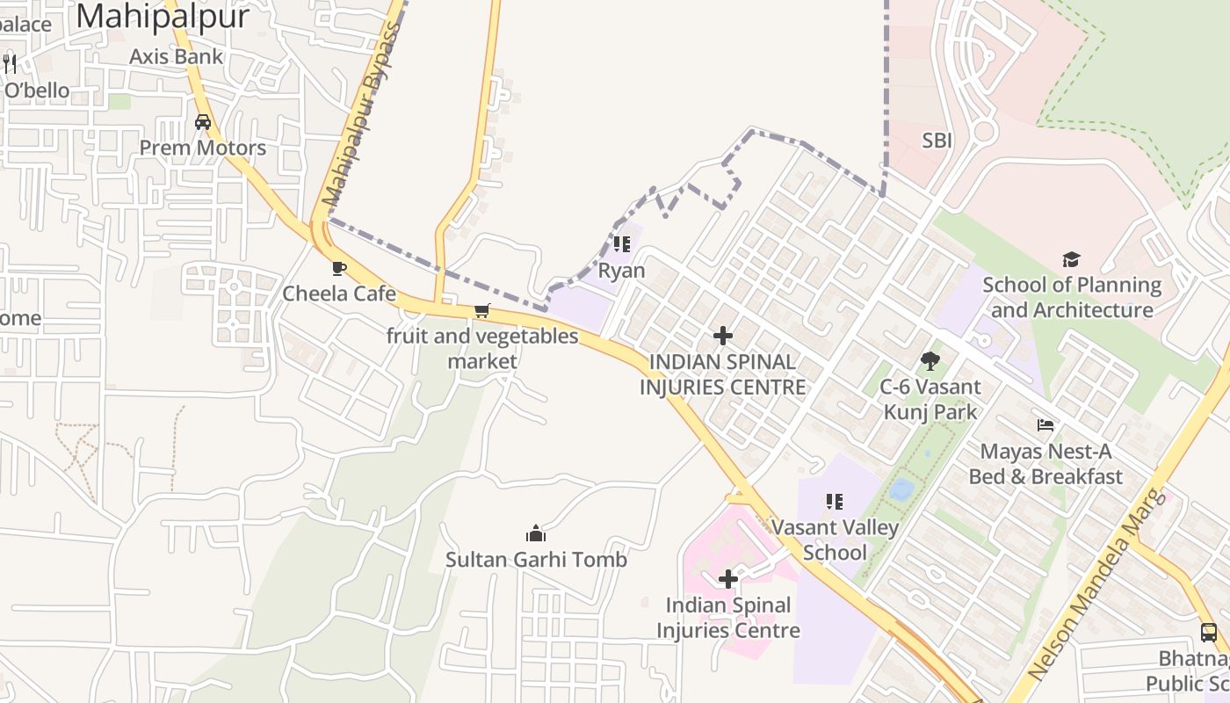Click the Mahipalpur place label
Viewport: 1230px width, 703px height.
(163, 16)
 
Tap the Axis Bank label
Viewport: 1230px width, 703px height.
(176, 56)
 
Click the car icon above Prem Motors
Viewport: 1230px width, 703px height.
(203, 122)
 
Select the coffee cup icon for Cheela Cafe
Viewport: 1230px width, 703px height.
(339, 268)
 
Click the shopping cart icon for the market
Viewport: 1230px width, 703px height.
(481, 311)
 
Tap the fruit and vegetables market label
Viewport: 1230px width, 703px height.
(482, 348)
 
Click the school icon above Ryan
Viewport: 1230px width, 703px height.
(622, 244)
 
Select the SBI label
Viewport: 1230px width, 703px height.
(937, 141)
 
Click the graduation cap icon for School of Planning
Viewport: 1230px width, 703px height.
(1071, 259)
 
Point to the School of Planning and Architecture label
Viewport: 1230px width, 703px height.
(1072, 297)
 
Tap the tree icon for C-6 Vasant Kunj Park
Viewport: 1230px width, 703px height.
(930, 360)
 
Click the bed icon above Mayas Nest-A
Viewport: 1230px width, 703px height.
(1045, 425)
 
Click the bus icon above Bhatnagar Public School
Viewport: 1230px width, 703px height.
(1209, 632)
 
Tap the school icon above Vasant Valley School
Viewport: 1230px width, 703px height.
(835, 502)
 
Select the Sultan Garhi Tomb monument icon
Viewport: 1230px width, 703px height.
(536, 533)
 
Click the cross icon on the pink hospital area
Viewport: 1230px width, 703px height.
(728, 579)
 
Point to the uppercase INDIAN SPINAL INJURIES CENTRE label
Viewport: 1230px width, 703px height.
(722, 374)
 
